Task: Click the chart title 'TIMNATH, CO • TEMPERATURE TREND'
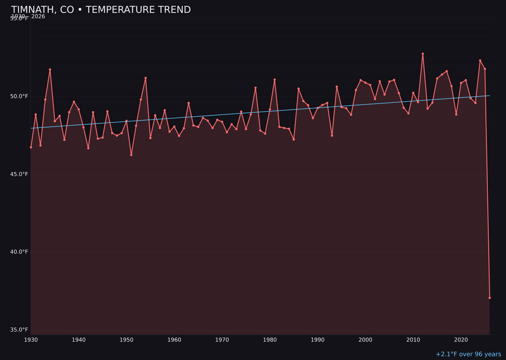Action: point(101,10)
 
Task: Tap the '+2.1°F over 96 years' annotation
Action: point(468,354)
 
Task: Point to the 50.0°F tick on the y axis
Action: point(19,97)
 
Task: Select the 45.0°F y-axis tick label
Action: point(19,174)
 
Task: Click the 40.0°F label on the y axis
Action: point(19,252)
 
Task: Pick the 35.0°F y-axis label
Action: point(19,330)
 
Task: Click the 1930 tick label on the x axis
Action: point(31,340)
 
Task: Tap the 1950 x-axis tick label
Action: point(126,340)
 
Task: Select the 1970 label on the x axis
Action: point(222,340)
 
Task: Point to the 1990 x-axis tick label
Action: point(318,340)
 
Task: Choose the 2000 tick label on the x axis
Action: point(365,340)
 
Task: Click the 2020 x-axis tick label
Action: point(461,340)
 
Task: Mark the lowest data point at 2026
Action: point(490,298)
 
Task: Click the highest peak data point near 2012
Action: point(423,54)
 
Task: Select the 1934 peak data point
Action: point(50,69)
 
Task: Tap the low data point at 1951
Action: point(131,155)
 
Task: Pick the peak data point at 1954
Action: point(146,78)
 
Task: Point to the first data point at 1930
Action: point(31,147)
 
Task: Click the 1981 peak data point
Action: point(275,80)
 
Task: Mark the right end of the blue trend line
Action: point(490,96)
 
